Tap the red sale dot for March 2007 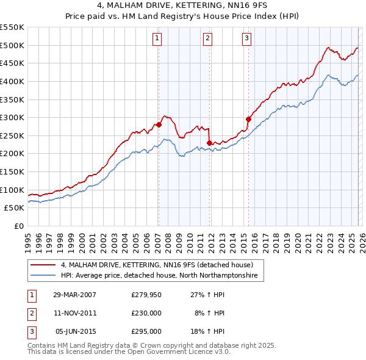click(159, 124)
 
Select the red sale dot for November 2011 click(209, 143)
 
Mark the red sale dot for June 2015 click(248, 119)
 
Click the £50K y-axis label click(14, 207)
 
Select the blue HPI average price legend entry click(159, 276)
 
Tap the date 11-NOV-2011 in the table click(75, 313)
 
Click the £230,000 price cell click(146, 313)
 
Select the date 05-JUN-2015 click(75, 331)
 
